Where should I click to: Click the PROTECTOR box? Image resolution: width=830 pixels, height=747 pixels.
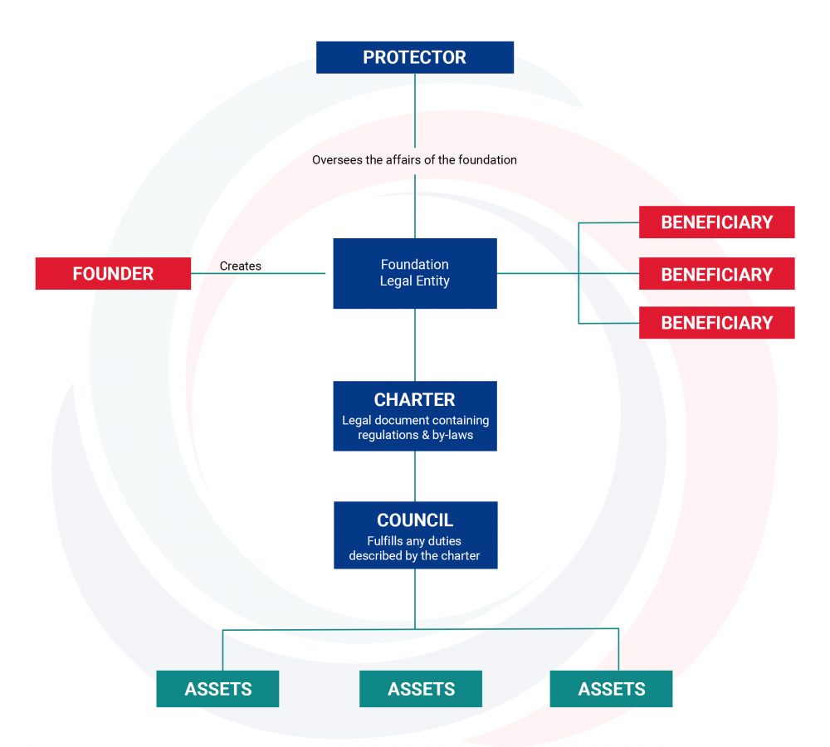[x=414, y=57]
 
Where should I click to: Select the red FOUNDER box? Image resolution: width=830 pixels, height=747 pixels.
[x=113, y=273]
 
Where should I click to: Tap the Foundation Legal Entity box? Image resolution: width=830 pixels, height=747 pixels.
[x=415, y=273]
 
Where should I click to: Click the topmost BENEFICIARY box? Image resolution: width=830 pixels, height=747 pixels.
[x=717, y=222]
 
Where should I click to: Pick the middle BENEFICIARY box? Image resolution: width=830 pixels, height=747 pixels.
[x=717, y=274]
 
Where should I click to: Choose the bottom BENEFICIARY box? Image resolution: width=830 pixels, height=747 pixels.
[x=717, y=322]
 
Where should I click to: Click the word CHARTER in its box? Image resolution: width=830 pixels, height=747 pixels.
[x=414, y=400]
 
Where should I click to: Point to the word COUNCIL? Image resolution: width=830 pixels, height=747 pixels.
[x=415, y=520]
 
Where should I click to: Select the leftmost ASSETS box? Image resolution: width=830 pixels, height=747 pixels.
[x=217, y=689]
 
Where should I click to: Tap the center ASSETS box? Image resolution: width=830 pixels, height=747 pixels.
[x=421, y=689]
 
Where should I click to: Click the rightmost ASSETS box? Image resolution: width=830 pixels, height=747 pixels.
[x=612, y=689]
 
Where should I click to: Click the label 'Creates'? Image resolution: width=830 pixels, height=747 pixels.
[x=241, y=266]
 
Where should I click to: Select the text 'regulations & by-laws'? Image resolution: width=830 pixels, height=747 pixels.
[x=416, y=435]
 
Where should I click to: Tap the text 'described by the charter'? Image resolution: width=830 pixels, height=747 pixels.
[x=414, y=556]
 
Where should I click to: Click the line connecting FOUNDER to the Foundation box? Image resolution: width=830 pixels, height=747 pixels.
[x=258, y=273]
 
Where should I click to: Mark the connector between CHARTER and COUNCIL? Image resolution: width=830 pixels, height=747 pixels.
[x=415, y=476]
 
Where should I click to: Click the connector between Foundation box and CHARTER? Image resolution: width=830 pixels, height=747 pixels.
[x=415, y=344]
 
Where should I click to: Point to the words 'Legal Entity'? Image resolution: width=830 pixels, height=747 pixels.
[x=415, y=281]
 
